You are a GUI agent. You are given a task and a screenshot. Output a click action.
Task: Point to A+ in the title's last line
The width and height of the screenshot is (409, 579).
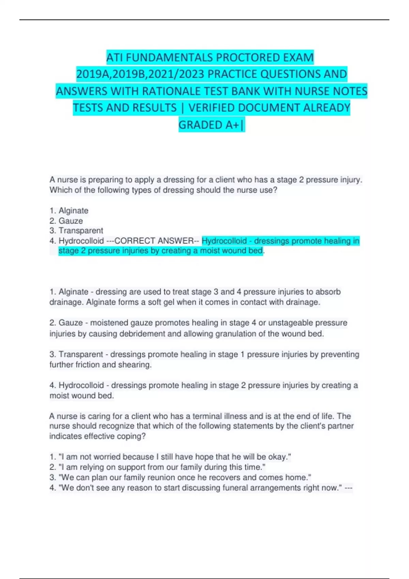point(233,125)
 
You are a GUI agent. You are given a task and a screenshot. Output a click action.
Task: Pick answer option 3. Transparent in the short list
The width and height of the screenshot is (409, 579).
point(76,231)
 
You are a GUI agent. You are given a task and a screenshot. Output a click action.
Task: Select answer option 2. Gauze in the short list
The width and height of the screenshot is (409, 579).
point(66,221)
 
